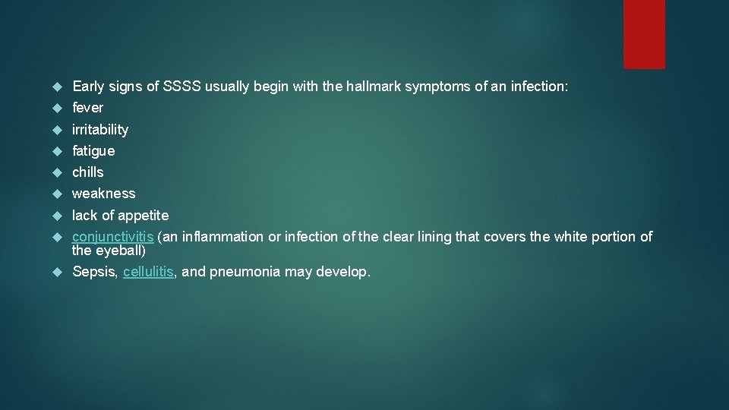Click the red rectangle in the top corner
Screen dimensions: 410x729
tap(644, 34)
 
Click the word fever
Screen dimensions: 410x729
tap(87, 108)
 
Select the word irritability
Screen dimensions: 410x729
tap(100, 130)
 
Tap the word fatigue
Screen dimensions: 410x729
tap(93, 151)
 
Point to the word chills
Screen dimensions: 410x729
tap(88, 172)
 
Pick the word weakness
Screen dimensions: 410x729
tap(103, 194)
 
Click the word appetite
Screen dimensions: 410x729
tap(144, 216)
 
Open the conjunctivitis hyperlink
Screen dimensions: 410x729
tap(112, 237)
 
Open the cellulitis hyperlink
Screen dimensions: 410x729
tap(149, 271)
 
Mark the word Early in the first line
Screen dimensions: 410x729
tap(88, 87)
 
